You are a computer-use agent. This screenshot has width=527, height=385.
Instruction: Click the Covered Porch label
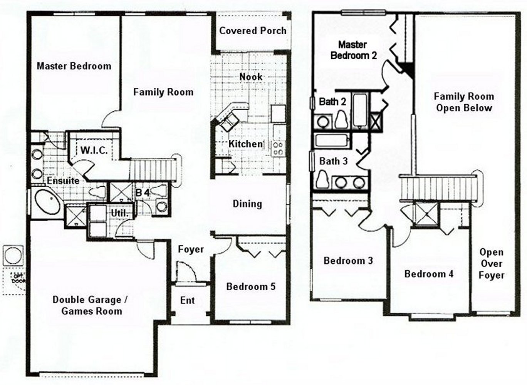(x=253, y=31)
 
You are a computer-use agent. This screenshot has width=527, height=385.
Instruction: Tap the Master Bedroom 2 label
(x=353, y=50)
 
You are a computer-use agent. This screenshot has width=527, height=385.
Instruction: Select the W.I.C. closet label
(x=94, y=150)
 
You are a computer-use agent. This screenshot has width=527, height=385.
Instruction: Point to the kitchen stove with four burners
(x=278, y=148)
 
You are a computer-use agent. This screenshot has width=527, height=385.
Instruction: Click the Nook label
(x=251, y=77)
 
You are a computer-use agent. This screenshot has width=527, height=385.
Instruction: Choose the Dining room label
(x=247, y=204)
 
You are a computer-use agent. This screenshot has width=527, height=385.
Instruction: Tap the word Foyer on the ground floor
(x=191, y=249)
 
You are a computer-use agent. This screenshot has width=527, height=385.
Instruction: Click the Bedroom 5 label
(x=251, y=286)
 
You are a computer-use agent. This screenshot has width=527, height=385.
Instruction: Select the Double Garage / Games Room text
(x=91, y=305)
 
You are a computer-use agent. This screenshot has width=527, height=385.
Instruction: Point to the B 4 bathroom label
(x=142, y=192)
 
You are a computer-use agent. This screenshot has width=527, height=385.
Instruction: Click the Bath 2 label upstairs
(x=332, y=102)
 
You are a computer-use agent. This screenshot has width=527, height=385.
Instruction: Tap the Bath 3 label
(x=333, y=161)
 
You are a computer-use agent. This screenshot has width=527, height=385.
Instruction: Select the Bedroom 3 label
(x=348, y=261)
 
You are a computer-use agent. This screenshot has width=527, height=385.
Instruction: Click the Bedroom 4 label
(x=429, y=274)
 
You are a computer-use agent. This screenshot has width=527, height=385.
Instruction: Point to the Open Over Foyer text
(x=491, y=264)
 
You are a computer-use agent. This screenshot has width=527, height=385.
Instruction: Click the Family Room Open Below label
(x=464, y=102)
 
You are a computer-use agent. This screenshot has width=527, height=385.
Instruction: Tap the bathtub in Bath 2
(x=361, y=110)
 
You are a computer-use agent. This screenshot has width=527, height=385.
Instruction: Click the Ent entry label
(x=188, y=300)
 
